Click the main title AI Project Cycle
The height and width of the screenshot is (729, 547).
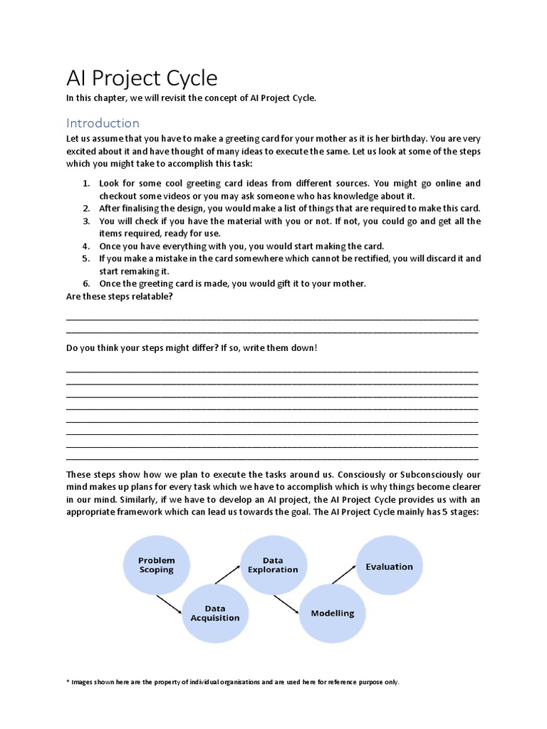(142, 78)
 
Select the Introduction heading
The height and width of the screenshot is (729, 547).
(103, 123)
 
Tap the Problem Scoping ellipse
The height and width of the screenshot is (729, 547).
(157, 565)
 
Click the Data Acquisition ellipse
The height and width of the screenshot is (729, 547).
(215, 613)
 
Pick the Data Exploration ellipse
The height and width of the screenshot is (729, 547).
(273, 565)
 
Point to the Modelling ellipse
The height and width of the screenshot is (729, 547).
(332, 613)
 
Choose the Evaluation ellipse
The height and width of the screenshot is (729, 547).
(389, 567)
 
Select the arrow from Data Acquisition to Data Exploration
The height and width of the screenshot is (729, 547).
(228, 575)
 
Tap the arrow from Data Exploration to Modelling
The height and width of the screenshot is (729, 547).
(285, 604)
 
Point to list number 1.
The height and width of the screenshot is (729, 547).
(85, 184)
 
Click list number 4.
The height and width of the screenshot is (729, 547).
(85, 246)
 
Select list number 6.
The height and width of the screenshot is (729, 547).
(85, 283)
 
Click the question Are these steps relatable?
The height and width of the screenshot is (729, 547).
(120, 296)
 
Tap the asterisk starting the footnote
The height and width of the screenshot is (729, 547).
(68, 681)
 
